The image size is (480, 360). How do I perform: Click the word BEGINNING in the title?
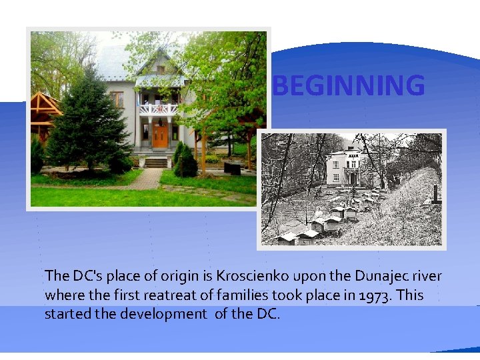(x=349, y=85)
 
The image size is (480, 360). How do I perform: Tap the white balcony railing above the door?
(x=159, y=109)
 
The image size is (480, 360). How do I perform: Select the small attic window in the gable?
(x=159, y=65)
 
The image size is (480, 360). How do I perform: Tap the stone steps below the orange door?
(x=157, y=162)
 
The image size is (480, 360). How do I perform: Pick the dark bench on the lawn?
(x=233, y=168)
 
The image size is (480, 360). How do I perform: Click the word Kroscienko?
(x=250, y=276)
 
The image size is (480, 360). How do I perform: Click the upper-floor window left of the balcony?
(x=117, y=99)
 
